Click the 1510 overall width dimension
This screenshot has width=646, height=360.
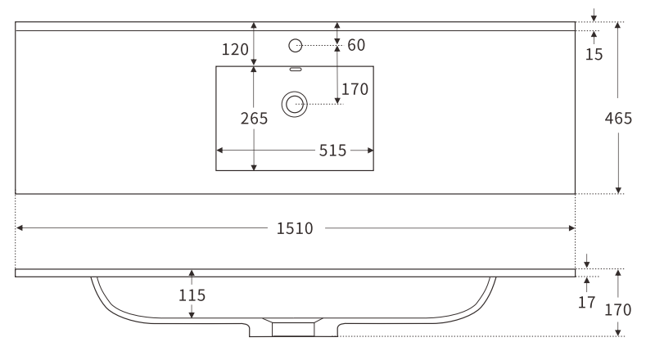pyautogui.click(x=294, y=229)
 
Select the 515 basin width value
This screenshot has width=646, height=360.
pyautogui.click(x=333, y=151)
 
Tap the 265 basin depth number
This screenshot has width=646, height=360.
pyautogui.click(x=254, y=119)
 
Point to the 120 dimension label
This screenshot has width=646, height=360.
pyautogui.click(x=235, y=50)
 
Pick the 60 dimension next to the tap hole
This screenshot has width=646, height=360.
pyautogui.click(x=356, y=45)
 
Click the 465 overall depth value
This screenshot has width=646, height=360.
pyautogui.click(x=618, y=119)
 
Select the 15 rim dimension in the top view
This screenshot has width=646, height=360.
pyautogui.click(x=594, y=55)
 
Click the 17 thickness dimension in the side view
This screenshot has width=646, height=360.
pyautogui.click(x=587, y=303)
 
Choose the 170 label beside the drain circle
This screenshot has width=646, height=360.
pyautogui.click(x=355, y=89)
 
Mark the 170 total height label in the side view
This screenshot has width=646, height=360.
pyautogui.click(x=618, y=310)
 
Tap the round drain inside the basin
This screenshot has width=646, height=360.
pyautogui.click(x=295, y=103)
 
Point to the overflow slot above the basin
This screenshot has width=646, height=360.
pyautogui.click(x=296, y=69)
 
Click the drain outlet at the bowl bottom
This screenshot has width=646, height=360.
pyautogui.click(x=292, y=328)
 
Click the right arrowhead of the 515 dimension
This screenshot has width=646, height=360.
pyautogui.click(x=370, y=151)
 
